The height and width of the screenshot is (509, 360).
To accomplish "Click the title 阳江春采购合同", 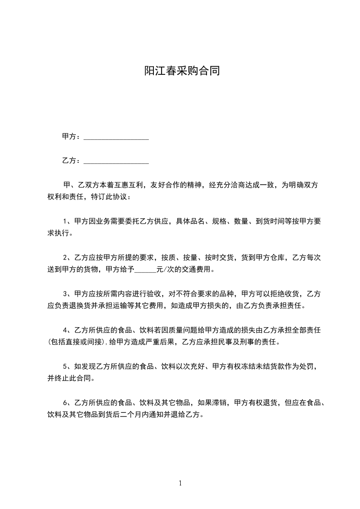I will pyautogui.click(x=182, y=71).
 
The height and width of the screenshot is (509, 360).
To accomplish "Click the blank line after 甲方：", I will pyautogui.click(x=116, y=137).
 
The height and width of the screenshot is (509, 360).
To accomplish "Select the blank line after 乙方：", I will pyautogui.click(x=116, y=161).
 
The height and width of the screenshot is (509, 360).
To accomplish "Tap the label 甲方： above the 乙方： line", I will pyautogui.click(x=72, y=137).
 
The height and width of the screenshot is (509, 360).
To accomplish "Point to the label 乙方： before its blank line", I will pyautogui.click(x=72, y=161).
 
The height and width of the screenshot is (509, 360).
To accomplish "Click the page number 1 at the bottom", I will pyautogui.click(x=180, y=483).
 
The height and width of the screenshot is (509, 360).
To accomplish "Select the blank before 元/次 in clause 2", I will pyautogui.click(x=145, y=270).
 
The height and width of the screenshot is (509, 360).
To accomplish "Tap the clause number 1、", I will pyautogui.click(x=68, y=221).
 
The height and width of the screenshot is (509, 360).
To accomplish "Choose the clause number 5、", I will pyautogui.click(x=68, y=366).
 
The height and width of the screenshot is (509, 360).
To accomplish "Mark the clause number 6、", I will pyautogui.click(x=68, y=402).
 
